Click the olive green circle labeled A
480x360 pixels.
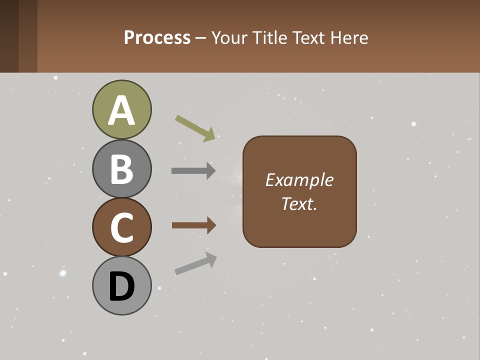(x=121, y=109)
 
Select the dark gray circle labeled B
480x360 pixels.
(x=121, y=168)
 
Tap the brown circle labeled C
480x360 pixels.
(x=121, y=227)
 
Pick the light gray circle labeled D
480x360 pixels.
(x=121, y=285)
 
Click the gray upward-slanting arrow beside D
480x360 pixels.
(x=195, y=263)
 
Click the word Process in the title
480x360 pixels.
(x=157, y=37)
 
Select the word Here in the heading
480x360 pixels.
(x=349, y=37)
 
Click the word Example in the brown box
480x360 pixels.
(x=299, y=180)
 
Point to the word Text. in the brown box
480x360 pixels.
(x=299, y=203)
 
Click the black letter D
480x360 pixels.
(x=121, y=287)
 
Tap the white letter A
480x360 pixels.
(x=121, y=111)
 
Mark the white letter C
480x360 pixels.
(x=121, y=228)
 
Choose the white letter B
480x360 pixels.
(x=121, y=169)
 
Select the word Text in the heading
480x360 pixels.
(x=308, y=37)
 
